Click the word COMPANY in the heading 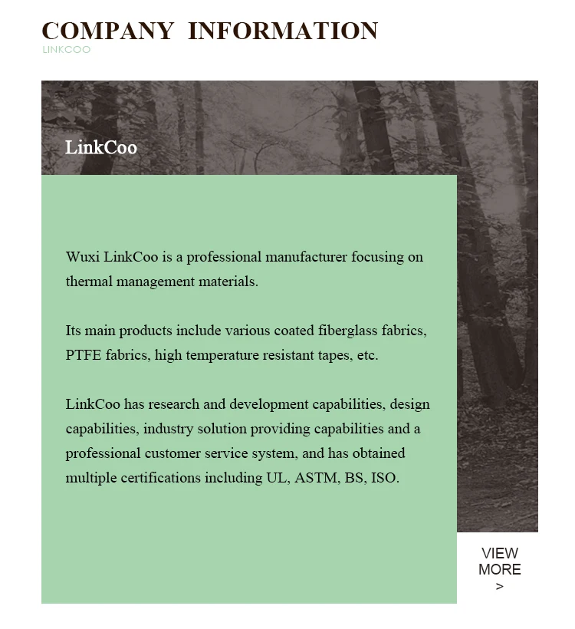tap(107, 31)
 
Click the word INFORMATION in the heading tap(283, 31)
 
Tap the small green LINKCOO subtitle tap(67, 50)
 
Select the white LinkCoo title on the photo tap(101, 147)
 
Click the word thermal tap(89, 282)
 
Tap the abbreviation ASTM tap(316, 478)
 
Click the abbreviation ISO tap(384, 478)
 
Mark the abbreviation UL tap(275, 478)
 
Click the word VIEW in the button tap(500, 553)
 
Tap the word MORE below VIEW tap(500, 570)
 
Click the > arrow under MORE tap(500, 587)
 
